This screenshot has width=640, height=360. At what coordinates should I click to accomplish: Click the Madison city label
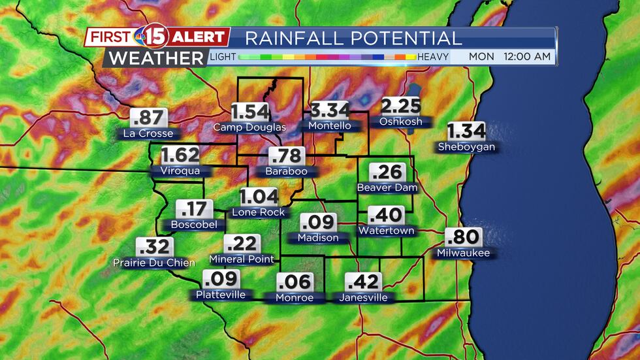coord(318,238)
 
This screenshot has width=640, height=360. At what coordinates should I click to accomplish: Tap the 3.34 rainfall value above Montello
coord(330,110)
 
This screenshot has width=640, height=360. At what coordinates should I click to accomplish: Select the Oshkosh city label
coord(400,122)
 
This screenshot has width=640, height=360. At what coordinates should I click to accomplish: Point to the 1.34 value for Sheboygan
coord(466,131)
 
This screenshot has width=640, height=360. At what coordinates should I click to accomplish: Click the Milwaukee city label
coord(463,253)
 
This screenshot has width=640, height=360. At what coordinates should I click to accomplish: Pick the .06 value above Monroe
coord(294,282)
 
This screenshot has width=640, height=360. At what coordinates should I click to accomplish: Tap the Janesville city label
coord(363,298)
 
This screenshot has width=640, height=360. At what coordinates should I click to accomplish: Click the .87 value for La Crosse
coord(149,118)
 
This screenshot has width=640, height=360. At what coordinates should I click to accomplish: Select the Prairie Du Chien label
coord(154,263)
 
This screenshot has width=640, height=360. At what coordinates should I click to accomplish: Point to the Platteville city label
coord(221,295)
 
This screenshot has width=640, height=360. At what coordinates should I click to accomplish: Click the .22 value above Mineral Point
coord(242,244)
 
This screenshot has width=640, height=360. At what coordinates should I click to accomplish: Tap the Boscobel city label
coord(193,225)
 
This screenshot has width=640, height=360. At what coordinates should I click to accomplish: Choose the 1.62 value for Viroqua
coord(180,155)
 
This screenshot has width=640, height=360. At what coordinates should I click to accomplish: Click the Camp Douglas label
coord(249,127)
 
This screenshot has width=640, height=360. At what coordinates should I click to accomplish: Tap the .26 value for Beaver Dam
coord(387,172)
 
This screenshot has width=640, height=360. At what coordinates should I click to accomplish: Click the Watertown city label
coord(386,231)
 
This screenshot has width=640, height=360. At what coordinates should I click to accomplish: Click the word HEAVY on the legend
coord(433,57)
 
